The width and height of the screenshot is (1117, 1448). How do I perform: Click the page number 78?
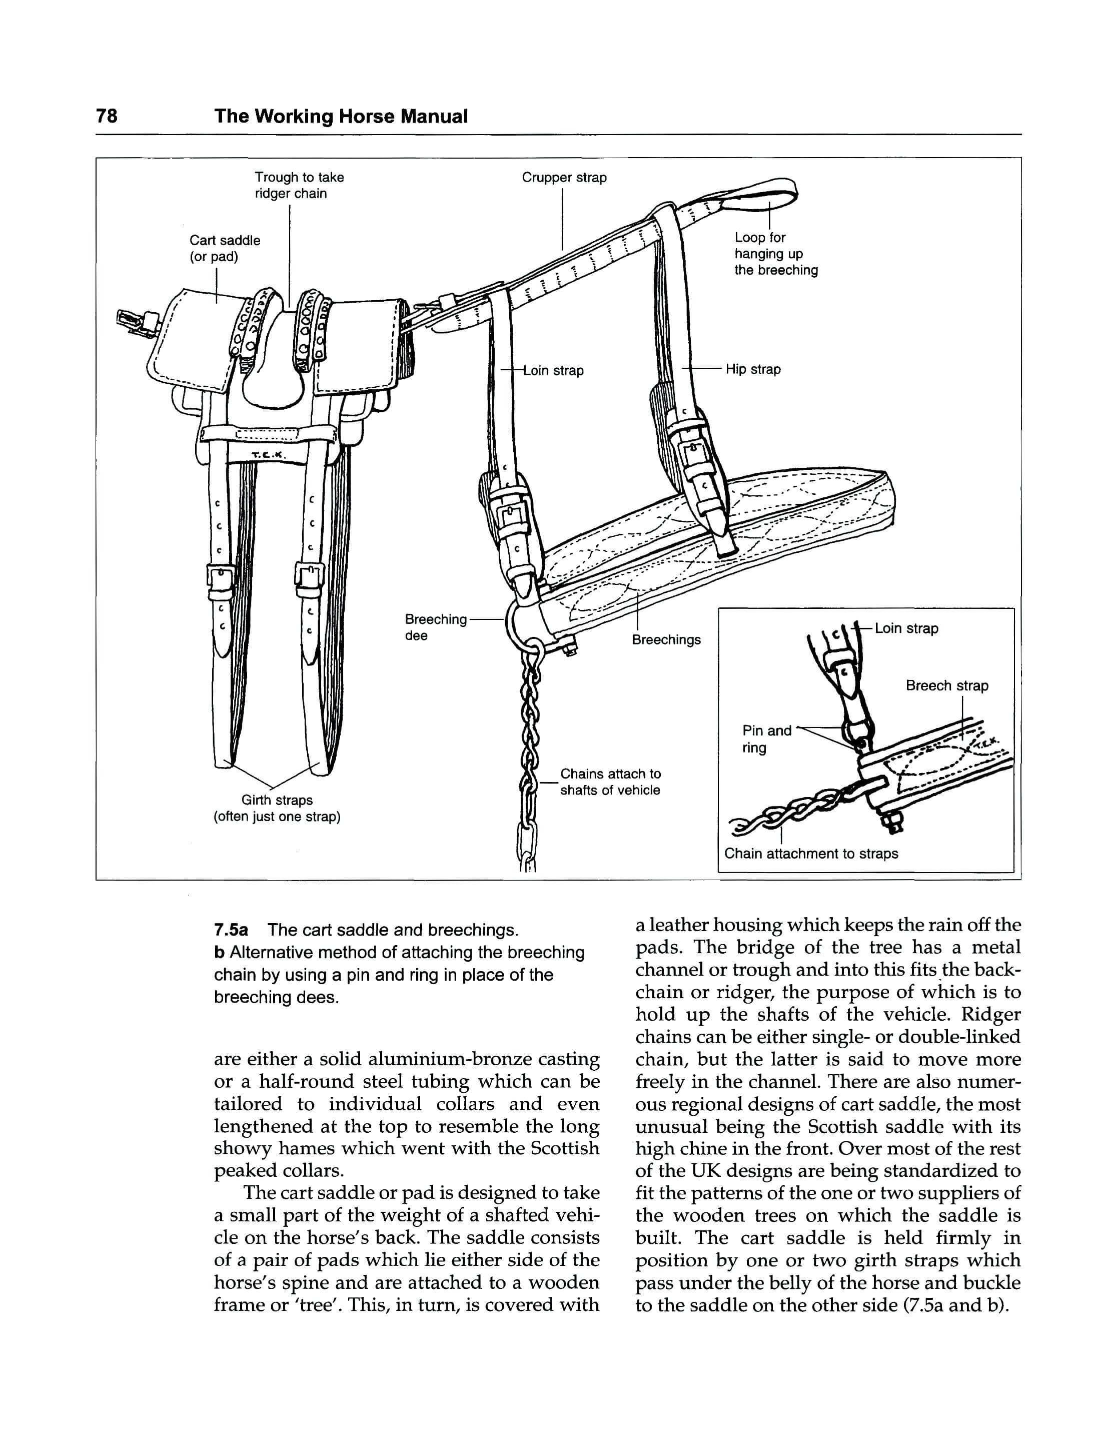107,116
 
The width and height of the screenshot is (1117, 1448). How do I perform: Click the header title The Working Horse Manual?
341,116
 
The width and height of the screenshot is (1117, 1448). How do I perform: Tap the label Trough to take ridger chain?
299,186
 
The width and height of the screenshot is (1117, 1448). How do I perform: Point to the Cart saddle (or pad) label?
224,248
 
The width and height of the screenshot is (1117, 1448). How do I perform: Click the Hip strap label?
752,369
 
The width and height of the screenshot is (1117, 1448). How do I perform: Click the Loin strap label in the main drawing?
553,371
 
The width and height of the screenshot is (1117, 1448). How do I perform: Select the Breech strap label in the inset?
946,685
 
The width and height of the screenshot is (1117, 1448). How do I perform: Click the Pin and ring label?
766,739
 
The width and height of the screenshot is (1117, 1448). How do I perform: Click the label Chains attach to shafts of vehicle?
610,782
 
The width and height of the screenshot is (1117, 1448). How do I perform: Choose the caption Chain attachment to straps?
811,853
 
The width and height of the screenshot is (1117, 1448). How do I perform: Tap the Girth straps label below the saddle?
277,808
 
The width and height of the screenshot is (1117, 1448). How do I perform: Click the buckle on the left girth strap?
220,578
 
